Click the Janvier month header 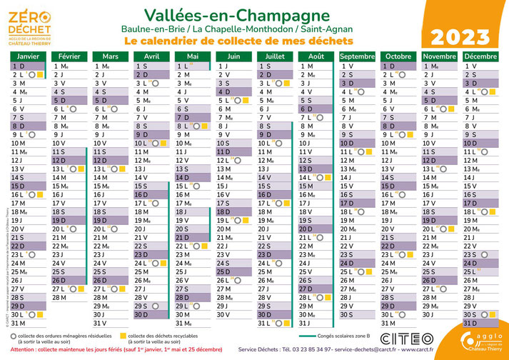point(28,56)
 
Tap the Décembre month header point(480,56)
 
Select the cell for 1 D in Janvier point(28,66)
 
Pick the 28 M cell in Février point(69,297)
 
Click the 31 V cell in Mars point(110,323)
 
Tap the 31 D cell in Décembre point(480,323)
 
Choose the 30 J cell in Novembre point(438,314)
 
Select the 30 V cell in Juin point(233,314)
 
